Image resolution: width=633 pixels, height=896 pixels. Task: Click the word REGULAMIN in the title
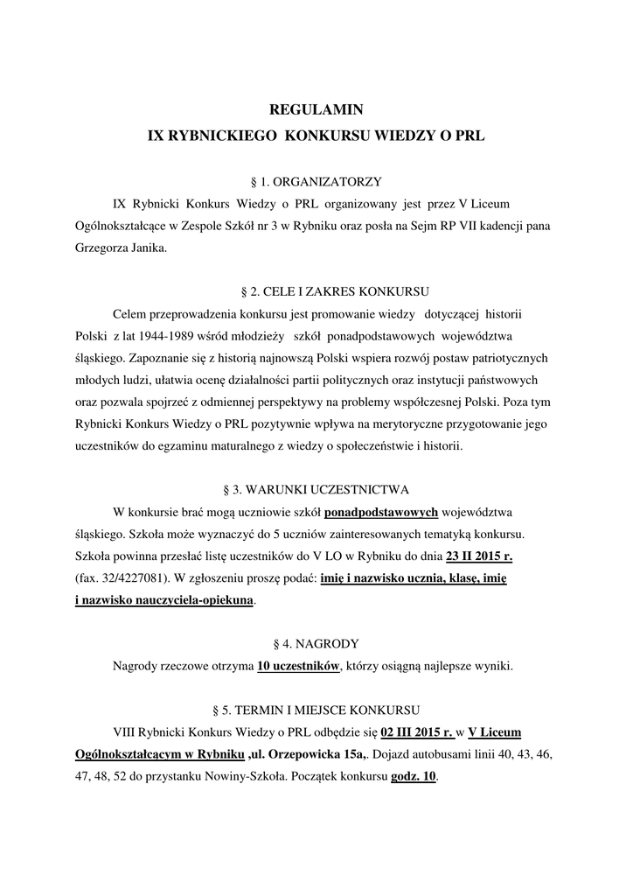316,110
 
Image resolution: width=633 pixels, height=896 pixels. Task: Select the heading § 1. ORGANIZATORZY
316,182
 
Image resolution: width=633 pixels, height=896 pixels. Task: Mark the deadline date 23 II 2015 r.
479,556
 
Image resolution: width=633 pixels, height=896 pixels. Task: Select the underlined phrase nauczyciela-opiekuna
192,600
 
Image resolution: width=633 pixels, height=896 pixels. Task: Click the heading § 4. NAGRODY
316,643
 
